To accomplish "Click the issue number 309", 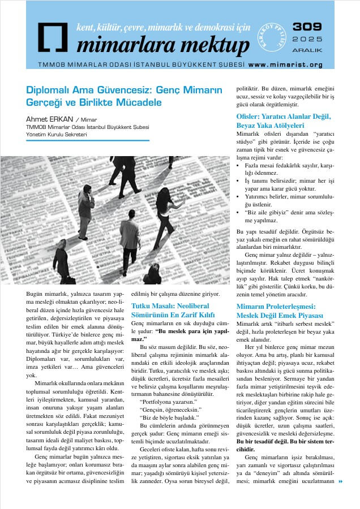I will (x=308, y=27).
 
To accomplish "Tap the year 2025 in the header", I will (x=308, y=40).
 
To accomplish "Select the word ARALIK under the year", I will (x=308, y=50).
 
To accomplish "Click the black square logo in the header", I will (x=53, y=37).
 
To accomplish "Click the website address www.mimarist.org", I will (x=285, y=65).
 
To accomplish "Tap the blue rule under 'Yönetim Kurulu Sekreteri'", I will (x=88, y=140).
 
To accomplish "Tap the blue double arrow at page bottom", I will (x=341, y=481).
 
